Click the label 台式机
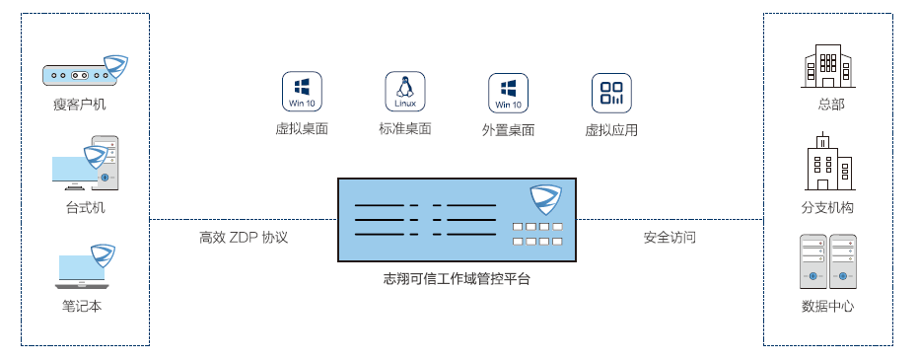click(x=85, y=208)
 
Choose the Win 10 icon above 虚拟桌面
click(x=302, y=92)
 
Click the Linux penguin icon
click(x=404, y=92)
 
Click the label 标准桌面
click(x=404, y=129)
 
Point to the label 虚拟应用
click(x=611, y=130)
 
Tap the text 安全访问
click(x=670, y=238)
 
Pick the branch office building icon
click(x=827, y=163)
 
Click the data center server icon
click(x=827, y=259)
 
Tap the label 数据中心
click(x=827, y=306)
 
